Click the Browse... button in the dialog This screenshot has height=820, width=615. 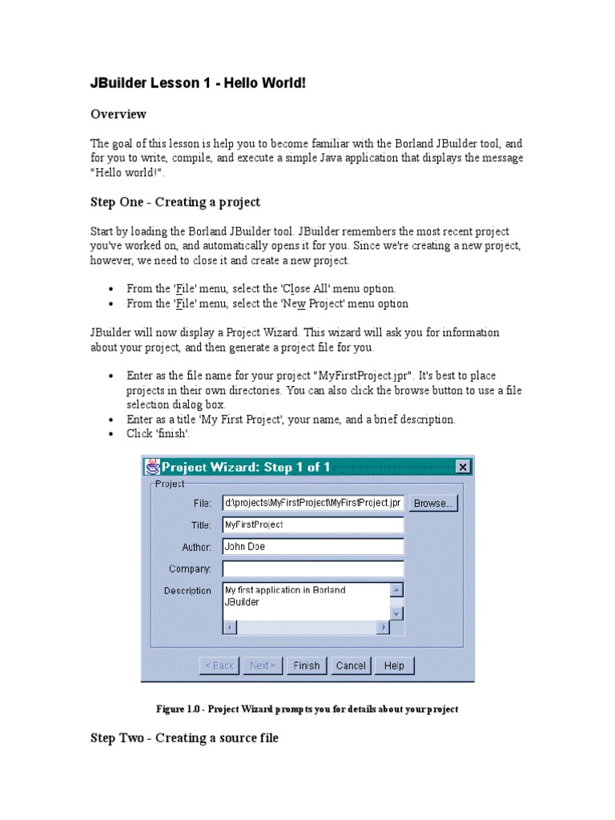pyautogui.click(x=433, y=503)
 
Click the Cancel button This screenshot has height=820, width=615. pyautogui.click(x=351, y=665)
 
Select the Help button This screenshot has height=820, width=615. pyautogui.click(x=394, y=665)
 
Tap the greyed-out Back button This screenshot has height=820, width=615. pyautogui.click(x=219, y=665)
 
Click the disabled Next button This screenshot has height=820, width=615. pyautogui.click(x=262, y=665)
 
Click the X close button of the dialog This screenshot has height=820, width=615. pyautogui.click(x=463, y=467)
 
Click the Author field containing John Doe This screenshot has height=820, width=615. pyautogui.click(x=312, y=547)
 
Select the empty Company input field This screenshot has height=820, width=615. pyautogui.click(x=312, y=569)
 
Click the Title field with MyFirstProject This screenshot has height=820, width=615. pyautogui.click(x=312, y=525)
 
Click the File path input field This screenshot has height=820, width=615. pyautogui.click(x=312, y=503)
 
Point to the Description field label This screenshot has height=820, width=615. pyautogui.click(x=187, y=591)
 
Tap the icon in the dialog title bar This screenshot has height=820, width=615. pyautogui.click(x=151, y=467)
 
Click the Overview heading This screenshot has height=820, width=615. pyautogui.click(x=119, y=115)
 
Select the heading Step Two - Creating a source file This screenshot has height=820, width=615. pyautogui.click(x=184, y=738)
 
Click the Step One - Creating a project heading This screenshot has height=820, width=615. pyautogui.click(x=175, y=202)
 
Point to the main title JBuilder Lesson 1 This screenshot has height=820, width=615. pyautogui.click(x=197, y=83)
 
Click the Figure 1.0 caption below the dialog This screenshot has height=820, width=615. pyautogui.click(x=307, y=709)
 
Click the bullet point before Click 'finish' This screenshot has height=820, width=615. pyautogui.click(x=111, y=435)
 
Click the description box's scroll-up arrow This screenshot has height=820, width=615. pyautogui.click(x=396, y=591)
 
